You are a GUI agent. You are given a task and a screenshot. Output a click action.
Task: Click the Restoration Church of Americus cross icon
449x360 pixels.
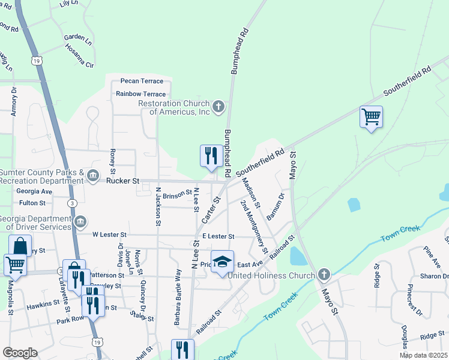click(218, 107)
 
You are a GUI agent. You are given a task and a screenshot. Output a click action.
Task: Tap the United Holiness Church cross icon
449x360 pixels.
click(324, 275)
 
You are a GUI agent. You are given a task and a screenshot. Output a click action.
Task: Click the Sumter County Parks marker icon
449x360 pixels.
click(94, 175)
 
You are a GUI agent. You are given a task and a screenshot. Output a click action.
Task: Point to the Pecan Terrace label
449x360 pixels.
click(142, 81)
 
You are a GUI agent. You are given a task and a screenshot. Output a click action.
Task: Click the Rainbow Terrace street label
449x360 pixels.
click(141, 94)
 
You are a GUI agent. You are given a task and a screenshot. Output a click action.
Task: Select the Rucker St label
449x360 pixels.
click(122, 181)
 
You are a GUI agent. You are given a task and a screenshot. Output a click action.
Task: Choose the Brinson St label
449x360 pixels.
click(177, 194)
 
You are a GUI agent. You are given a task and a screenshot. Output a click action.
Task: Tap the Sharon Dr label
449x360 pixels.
click(432, 276)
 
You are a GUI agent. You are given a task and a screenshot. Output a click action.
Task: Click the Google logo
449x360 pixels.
click(19, 353)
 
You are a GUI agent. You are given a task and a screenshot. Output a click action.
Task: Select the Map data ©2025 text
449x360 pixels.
click(423, 355)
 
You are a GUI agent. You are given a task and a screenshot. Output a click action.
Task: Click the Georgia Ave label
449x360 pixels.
click(34, 191)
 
